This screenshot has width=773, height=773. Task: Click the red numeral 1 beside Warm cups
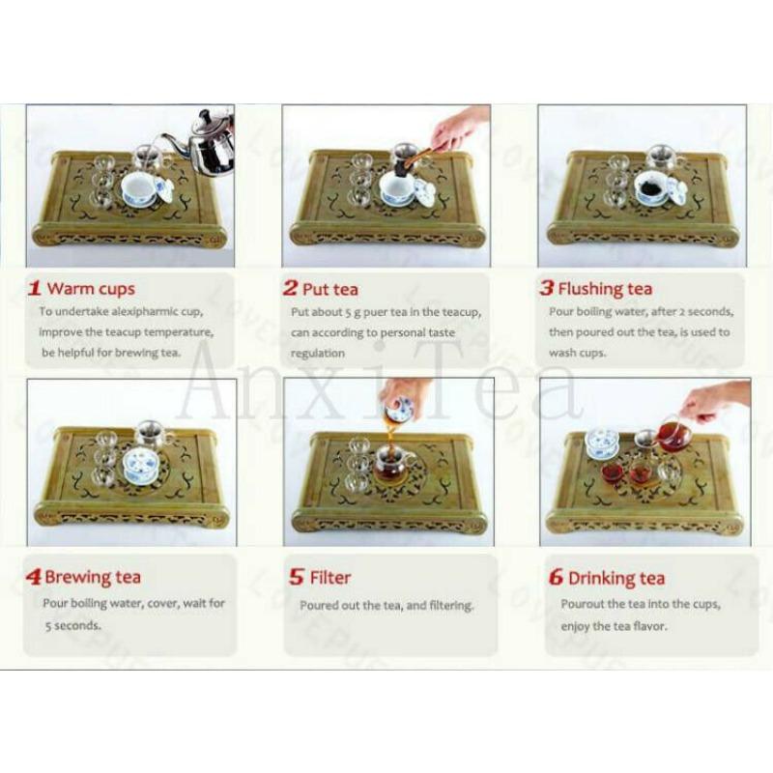point(34,287)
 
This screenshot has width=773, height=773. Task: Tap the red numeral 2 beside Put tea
point(290,287)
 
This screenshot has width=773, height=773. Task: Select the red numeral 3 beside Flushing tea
point(546,288)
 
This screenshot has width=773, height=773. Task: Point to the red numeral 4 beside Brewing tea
point(34,578)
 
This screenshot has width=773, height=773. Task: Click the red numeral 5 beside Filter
point(297,578)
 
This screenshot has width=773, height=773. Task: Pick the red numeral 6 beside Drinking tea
point(555,578)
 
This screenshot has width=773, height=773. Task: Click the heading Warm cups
point(91,288)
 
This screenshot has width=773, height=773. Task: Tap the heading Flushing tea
point(605,288)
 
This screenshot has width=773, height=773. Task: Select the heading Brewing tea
point(93,578)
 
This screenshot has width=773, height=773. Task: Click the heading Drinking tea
point(616,579)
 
